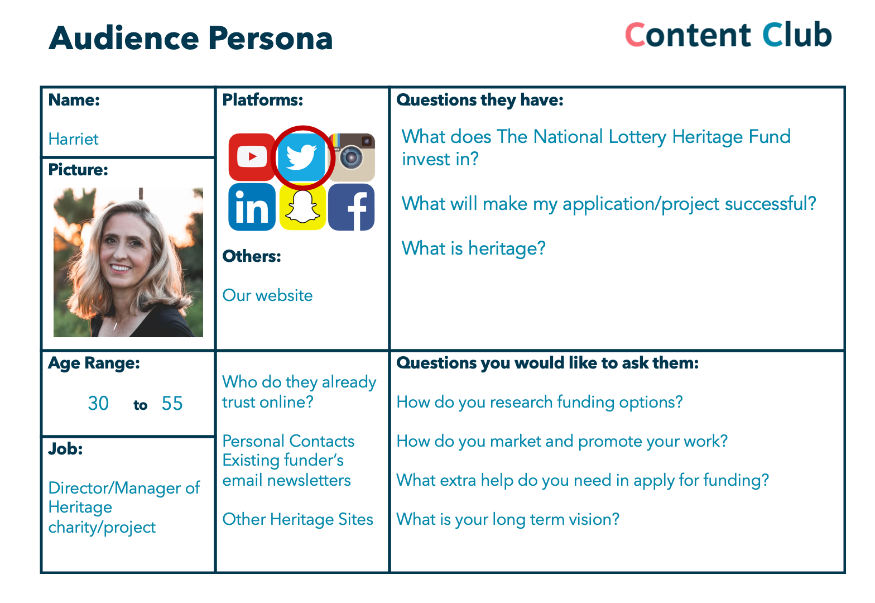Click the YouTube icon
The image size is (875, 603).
pyautogui.click(x=252, y=157)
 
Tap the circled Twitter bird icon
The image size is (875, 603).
pyautogui.click(x=301, y=157)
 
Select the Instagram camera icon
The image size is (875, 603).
pyautogui.click(x=351, y=157)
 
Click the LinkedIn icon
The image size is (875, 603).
pyautogui.click(x=252, y=207)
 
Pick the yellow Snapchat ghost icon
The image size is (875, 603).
pyautogui.click(x=302, y=207)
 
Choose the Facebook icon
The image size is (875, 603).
pyautogui.click(x=351, y=207)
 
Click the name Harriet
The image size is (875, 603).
pyautogui.click(x=74, y=139)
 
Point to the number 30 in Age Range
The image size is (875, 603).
pyautogui.click(x=98, y=403)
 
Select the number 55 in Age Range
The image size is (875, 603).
pyautogui.click(x=172, y=403)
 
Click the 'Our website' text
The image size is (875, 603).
pyautogui.click(x=268, y=295)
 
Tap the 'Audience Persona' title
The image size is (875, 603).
pyautogui.click(x=191, y=39)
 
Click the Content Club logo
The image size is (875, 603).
pyautogui.click(x=728, y=35)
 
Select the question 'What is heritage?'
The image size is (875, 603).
pyautogui.click(x=473, y=248)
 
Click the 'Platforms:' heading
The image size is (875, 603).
pyautogui.click(x=263, y=100)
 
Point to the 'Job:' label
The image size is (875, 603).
pyautogui.click(x=66, y=449)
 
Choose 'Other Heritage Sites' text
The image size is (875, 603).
pyautogui.click(x=297, y=519)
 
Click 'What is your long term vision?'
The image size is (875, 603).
pyautogui.click(x=508, y=520)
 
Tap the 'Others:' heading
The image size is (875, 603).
pyautogui.click(x=252, y=256)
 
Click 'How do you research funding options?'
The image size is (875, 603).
pyautogui.click(x=540, y=403)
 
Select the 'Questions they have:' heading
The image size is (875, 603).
pyautogui.click(x=480, y=100)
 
